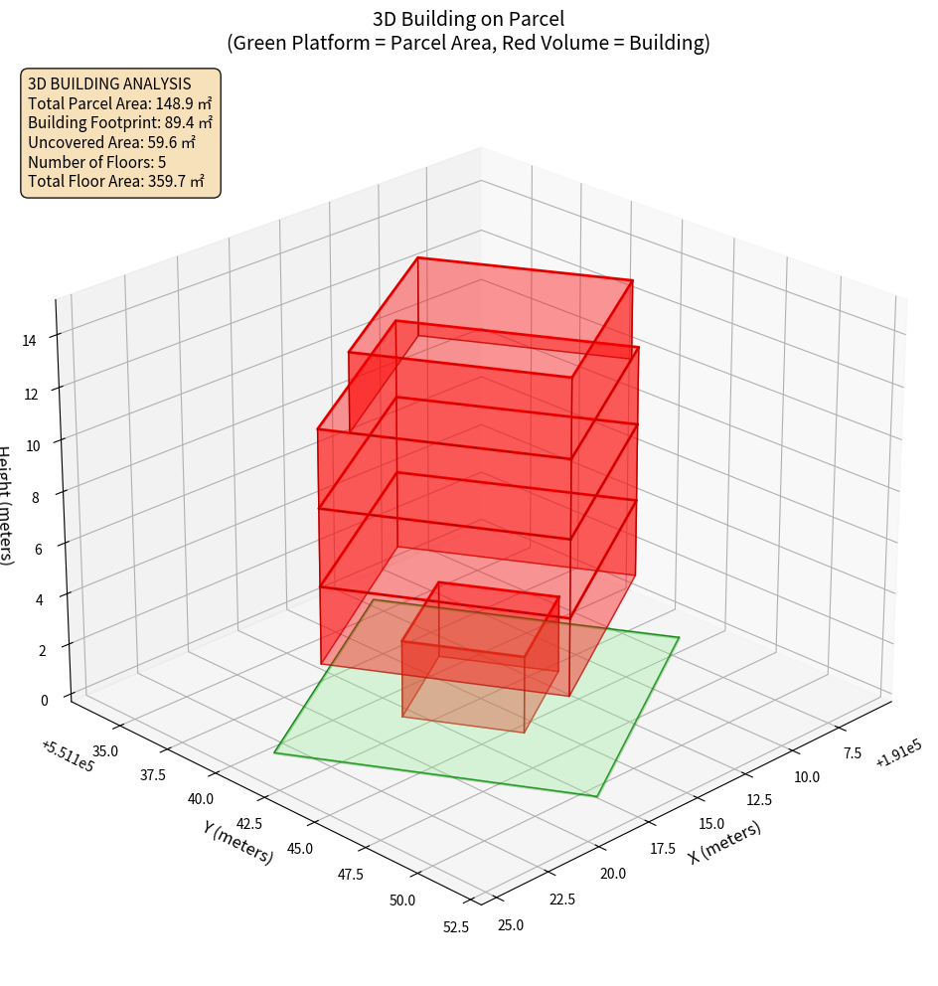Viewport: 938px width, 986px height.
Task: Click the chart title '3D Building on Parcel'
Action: pos(468,19)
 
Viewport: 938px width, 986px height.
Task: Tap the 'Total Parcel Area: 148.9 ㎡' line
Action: pos(119,103)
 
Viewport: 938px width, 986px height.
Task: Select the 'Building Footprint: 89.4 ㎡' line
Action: pos(120,122)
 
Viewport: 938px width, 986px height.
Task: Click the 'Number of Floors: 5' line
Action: pos(96,162)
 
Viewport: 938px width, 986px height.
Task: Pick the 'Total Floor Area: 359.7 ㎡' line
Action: pos(116,181)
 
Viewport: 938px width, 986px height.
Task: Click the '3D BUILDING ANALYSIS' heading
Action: pos(109,83)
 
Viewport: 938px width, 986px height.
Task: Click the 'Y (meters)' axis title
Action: pos(237,840)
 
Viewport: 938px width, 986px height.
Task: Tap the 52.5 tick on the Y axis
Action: pos(456,927)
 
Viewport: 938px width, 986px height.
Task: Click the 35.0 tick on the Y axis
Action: pos(102,750)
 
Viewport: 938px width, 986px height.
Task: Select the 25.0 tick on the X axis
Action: pos(510,925)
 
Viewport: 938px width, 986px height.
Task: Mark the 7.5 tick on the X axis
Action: pos(853,753)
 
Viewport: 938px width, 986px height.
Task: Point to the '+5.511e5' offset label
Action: pos(68,755)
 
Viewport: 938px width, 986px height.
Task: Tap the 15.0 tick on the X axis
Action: pos(711,824)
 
